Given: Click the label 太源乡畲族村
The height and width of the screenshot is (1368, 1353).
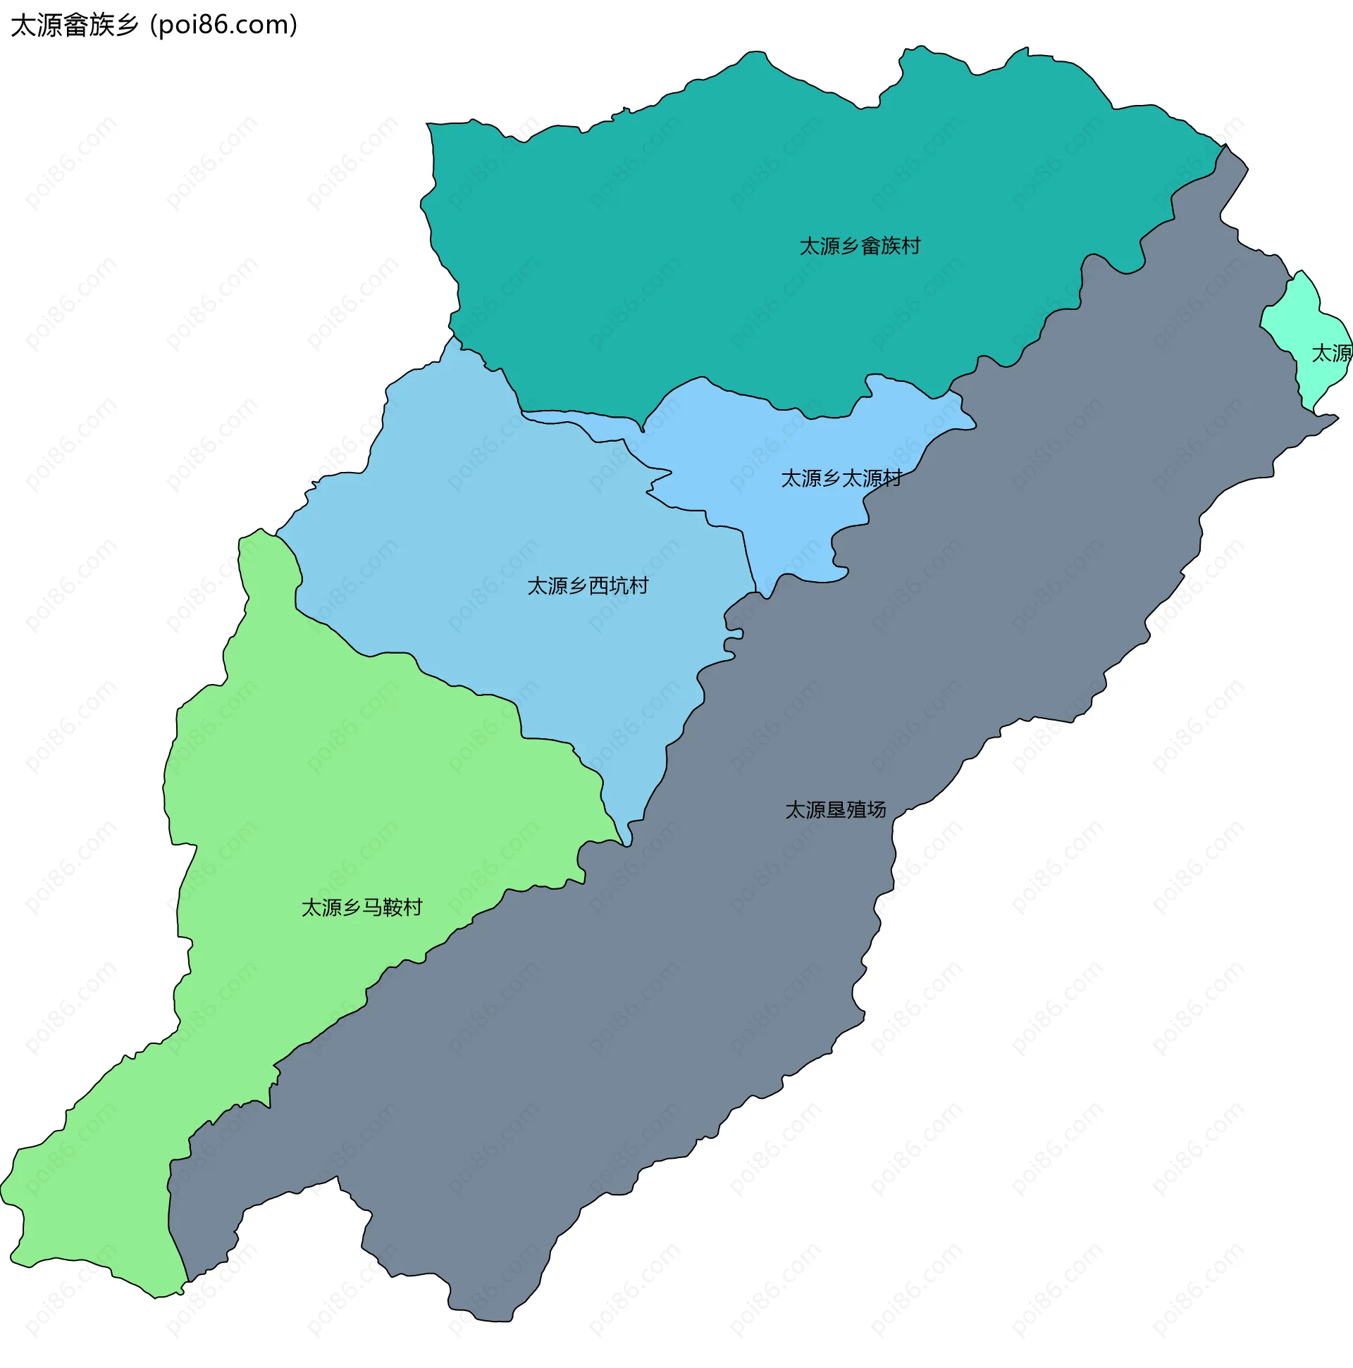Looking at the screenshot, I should coord(859,247).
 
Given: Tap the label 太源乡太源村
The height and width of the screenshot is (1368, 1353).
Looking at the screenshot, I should coord(841,478).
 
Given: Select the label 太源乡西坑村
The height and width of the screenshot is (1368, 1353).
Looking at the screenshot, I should coord(587,586).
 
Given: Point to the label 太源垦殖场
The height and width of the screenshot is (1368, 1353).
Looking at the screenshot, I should coord(835,810).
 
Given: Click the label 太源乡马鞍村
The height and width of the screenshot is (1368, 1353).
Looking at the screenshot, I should coord(362,908).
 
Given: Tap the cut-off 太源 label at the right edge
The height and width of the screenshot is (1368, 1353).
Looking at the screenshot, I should coord(1331,354).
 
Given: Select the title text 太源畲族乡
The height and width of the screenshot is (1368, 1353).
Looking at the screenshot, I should coord(75,25).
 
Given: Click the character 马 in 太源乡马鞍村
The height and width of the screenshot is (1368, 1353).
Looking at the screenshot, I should coord(373,908).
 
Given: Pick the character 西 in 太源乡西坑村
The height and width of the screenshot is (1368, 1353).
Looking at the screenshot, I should coord(598,586).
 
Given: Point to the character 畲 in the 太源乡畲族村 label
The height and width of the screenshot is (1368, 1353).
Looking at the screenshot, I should coord(870,247).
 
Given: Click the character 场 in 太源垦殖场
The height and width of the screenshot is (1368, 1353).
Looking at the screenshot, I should coord(876,810).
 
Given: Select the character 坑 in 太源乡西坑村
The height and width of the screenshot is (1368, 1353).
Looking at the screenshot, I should coord(619,586).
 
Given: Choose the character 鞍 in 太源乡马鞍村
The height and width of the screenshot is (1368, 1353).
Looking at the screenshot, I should coord(393,908).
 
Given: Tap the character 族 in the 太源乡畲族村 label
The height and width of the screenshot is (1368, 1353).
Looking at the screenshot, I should coord(891,247).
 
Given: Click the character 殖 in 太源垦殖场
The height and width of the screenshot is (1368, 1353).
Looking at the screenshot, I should coord(855,810).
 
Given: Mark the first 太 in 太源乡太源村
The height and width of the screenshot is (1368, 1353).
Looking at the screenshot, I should coord(791,478).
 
